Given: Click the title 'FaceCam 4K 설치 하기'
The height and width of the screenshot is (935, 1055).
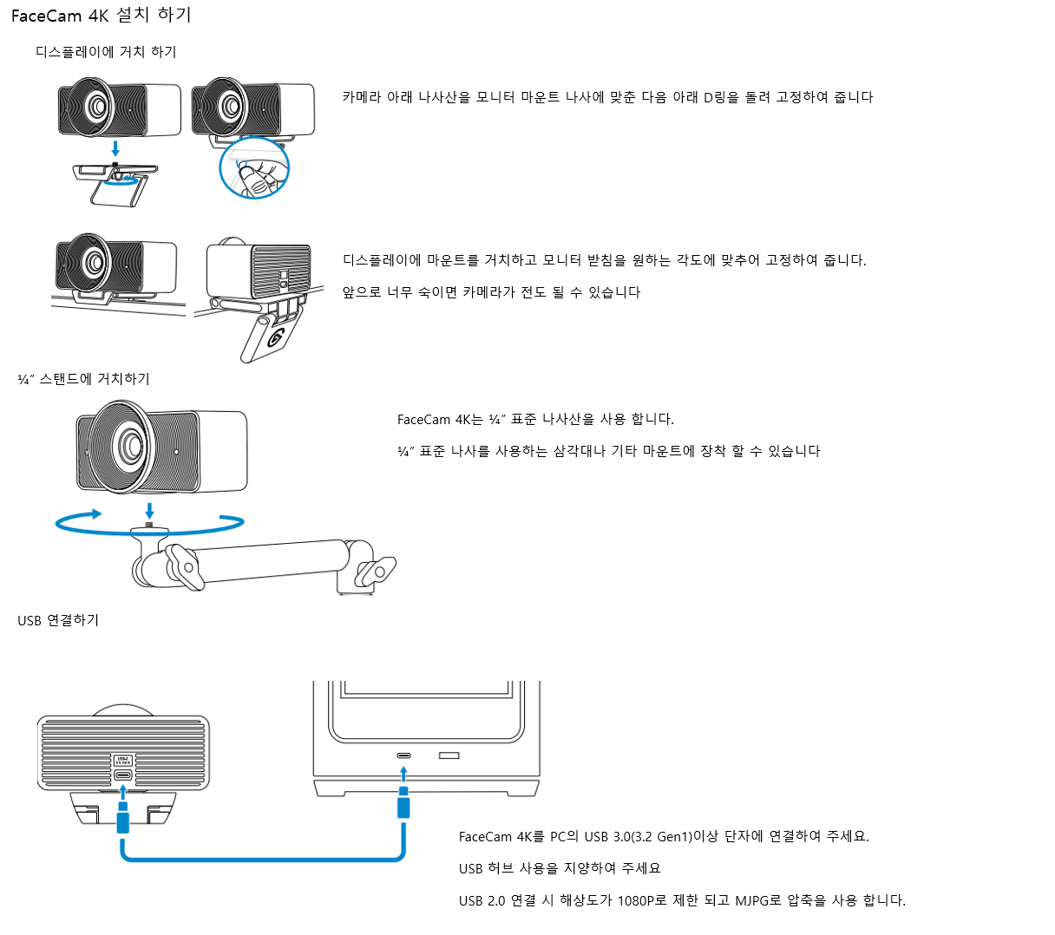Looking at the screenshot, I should coord(101,16).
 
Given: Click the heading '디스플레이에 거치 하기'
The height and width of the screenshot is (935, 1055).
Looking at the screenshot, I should coord(106,52).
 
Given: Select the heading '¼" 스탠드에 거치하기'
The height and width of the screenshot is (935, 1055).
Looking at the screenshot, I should coord(83,379).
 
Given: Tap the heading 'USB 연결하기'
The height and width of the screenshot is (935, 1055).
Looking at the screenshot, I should coord(58,620).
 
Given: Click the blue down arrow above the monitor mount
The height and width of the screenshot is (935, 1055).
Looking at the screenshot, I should coord(115,148).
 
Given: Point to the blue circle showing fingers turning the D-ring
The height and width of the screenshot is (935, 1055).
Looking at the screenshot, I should coord(253,170).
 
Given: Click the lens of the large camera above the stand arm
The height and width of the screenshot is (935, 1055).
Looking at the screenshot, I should coord(132,446).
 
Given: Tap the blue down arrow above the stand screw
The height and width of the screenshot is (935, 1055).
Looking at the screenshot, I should coord(149,509).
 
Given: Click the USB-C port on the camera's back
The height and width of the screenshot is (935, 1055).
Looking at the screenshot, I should coord(122,775).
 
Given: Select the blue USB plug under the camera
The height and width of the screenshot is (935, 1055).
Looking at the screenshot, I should coord(122,817).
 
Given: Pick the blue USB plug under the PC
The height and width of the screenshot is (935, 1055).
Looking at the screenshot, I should coord(403,805).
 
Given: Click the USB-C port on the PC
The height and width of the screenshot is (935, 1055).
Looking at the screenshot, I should coord(403,755).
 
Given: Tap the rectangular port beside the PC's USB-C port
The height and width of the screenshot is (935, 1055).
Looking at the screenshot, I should coord(449,755).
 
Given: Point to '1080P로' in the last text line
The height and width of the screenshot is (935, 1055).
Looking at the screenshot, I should coord(642,900).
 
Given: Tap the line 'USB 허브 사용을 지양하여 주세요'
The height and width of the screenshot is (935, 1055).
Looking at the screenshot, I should coord(560,868).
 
